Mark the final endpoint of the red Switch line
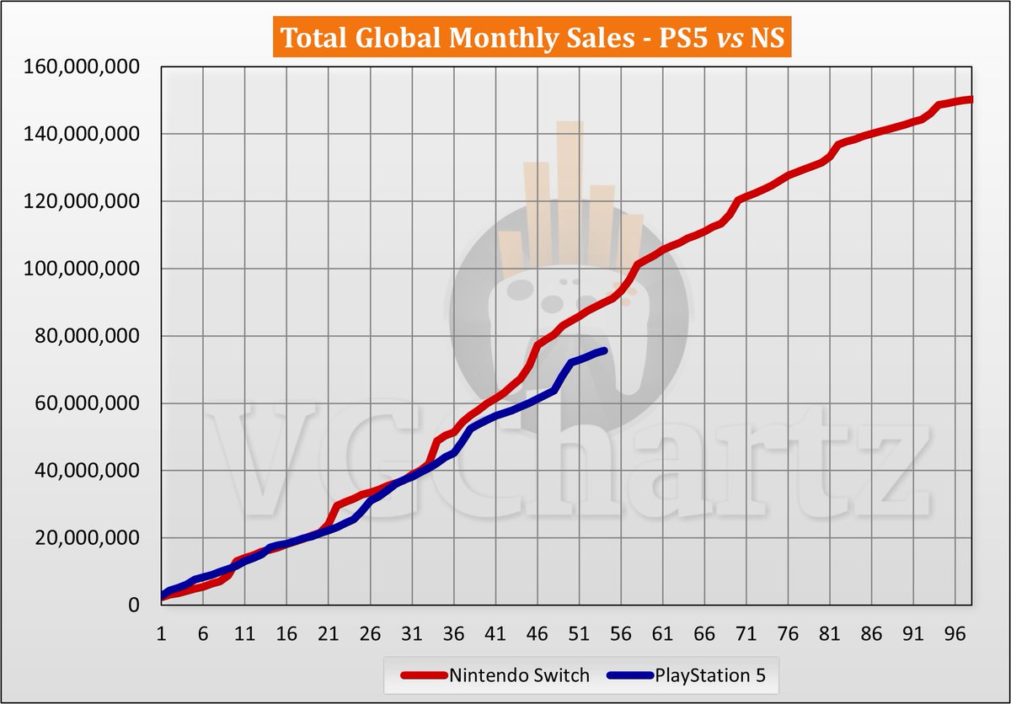click(971, 99)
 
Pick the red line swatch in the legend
click(421, 675)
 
